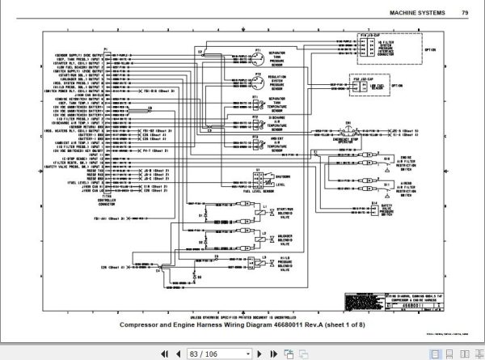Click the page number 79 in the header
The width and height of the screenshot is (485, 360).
pyautogui.click(x=464, y=12)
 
